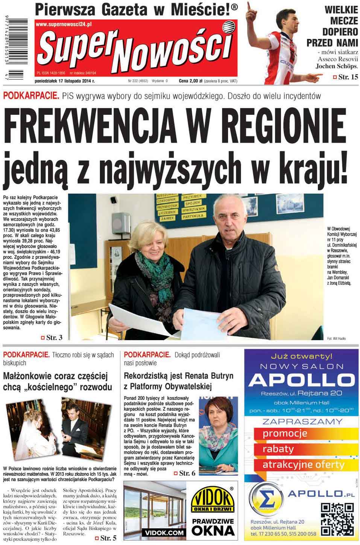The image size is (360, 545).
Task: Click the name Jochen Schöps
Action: [x=336, y=66]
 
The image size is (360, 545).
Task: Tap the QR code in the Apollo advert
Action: [x=337, y=519]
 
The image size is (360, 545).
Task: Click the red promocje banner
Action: [x=285, y=433]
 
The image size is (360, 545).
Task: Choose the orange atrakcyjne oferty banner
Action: [x=303, y=465]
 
